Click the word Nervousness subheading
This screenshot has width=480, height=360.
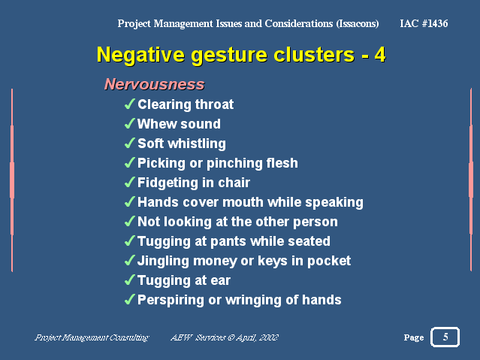tap(154, 84)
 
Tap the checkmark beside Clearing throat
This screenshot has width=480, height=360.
tap(130, 104)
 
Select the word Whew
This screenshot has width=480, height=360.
tap(152, 124)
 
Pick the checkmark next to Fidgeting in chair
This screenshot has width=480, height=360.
tap(130, 182)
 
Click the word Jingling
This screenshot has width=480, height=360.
tap(163, 262)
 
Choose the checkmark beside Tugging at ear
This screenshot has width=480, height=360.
tap(130, 280)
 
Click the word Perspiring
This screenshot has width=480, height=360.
tap(171, 301)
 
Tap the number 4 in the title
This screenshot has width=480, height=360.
tap(379, 55)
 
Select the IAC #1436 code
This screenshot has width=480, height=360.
tap(424, 23)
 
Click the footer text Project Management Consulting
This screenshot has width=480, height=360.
tap(92, 337)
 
